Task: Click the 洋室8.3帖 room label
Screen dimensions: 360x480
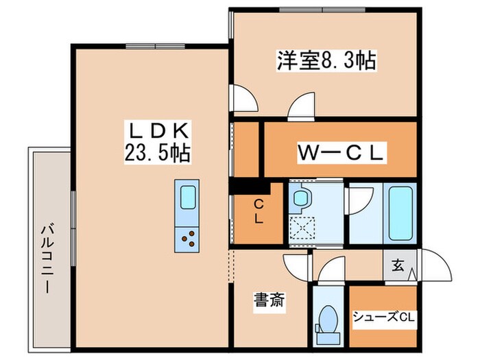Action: [x=326, y=61]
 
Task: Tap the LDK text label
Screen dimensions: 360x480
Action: [x=157, y=129]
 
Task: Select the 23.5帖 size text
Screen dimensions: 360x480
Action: [x=157, y=152]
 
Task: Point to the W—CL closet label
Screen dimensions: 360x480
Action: [x=339, y=152]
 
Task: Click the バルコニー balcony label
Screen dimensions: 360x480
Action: [x=48, y=257]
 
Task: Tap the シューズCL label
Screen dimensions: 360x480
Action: [x=383, y=317]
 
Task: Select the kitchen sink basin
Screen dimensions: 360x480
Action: [x=187, y=197]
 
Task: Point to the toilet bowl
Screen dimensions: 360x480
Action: [x=329, y=320]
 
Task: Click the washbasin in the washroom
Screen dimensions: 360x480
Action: [x=300, y=198]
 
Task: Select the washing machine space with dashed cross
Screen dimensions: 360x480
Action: [x=301, y=226]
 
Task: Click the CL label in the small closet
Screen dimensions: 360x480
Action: [x=259, y=211]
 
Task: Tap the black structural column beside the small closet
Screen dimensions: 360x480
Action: [x=246, y=185]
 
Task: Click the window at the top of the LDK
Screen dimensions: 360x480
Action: [x=150, y=47]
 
